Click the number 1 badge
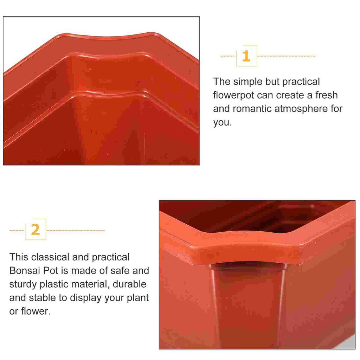pos(246,56)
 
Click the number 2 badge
pos(36,230)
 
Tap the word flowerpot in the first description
pos(233,95)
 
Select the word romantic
pos(252,109)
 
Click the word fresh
pos(326,95)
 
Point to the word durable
pos(129,284)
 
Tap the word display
pos(85,298)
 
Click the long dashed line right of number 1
pos(286,56)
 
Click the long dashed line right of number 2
pos(76,231)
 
